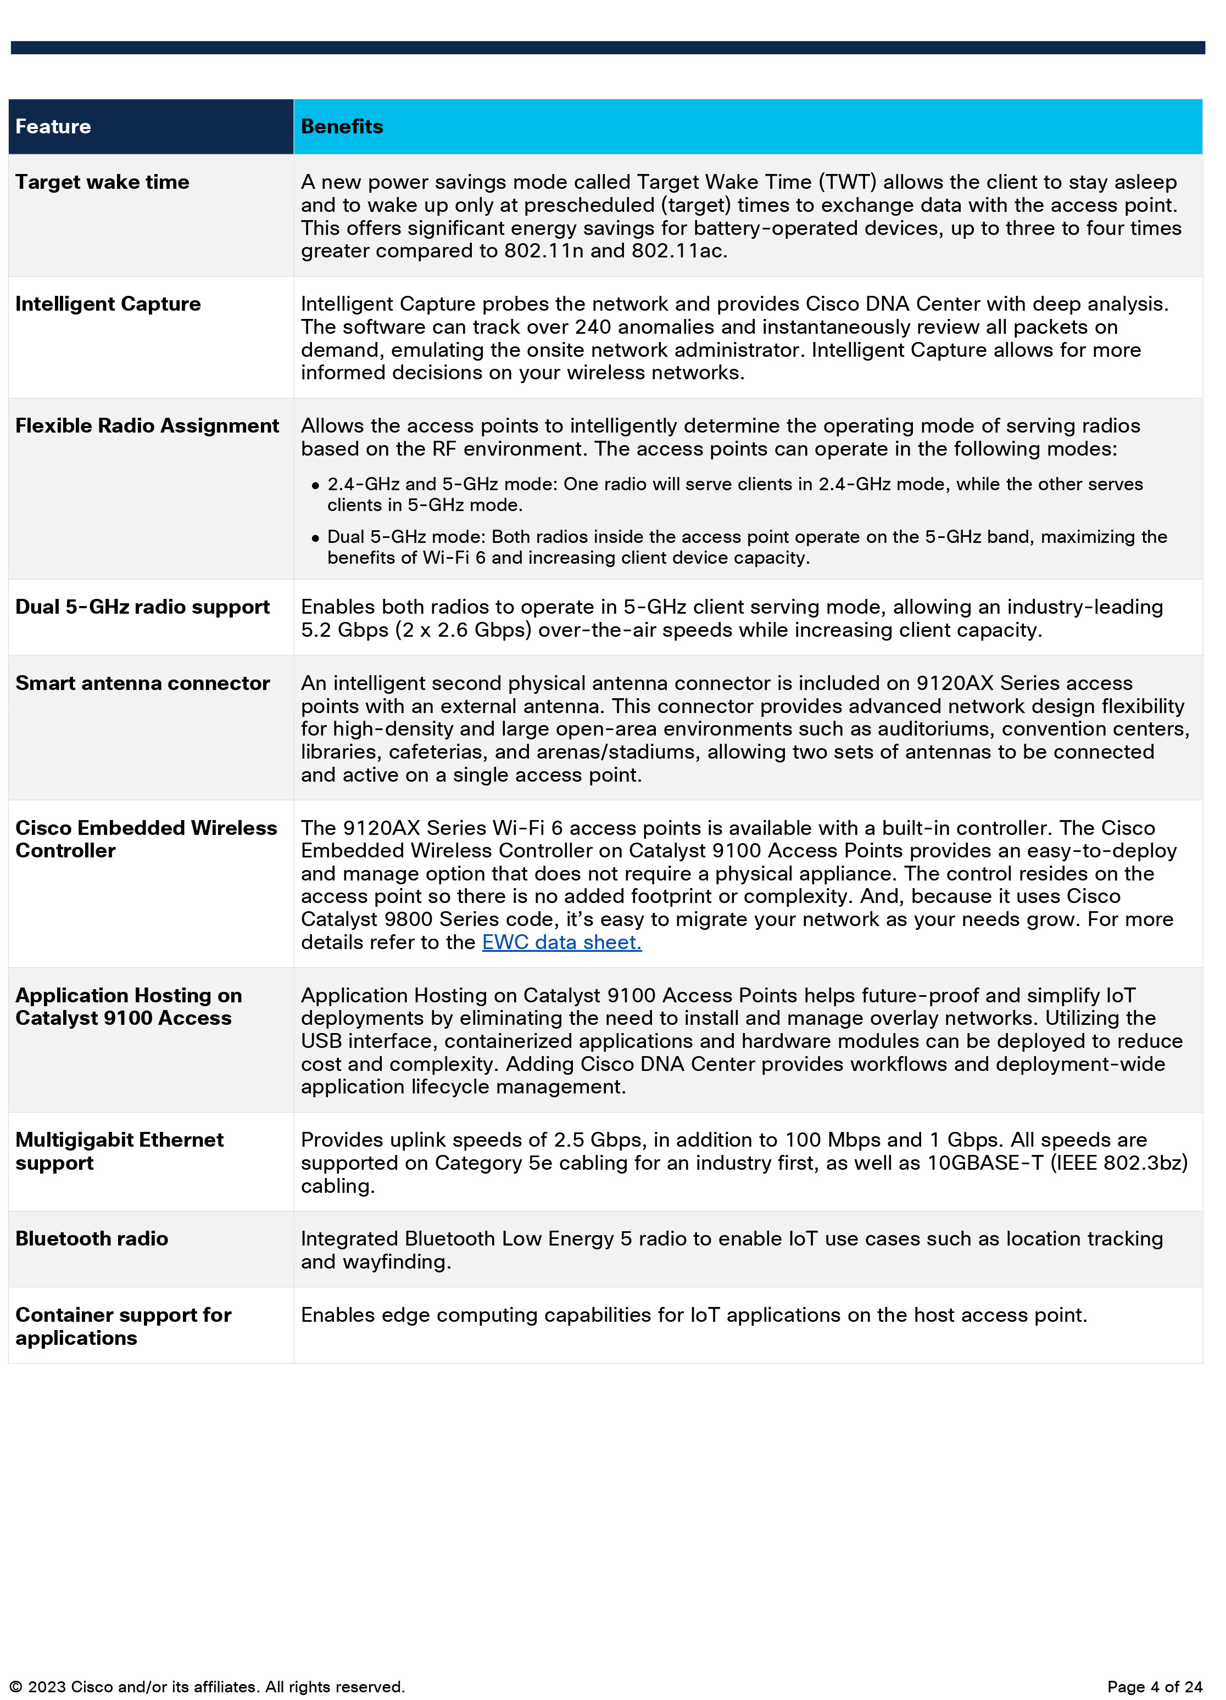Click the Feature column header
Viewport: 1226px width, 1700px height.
tap(53, 127)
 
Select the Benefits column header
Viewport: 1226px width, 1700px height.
tap(342, 127)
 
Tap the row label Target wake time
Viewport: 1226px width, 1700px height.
tap(102, 182)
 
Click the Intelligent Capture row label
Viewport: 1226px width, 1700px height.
tap(108, 304)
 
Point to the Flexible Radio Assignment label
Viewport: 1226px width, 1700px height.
tap(147, 426)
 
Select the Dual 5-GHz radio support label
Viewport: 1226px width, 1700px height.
tap(142, 607)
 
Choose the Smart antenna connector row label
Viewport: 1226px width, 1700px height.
tap(142, 683)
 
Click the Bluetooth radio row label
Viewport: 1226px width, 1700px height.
tap(92, 1239)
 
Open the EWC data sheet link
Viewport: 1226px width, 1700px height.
tap(561, 942)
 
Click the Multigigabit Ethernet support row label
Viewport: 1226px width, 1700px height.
tap(119, 1151)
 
